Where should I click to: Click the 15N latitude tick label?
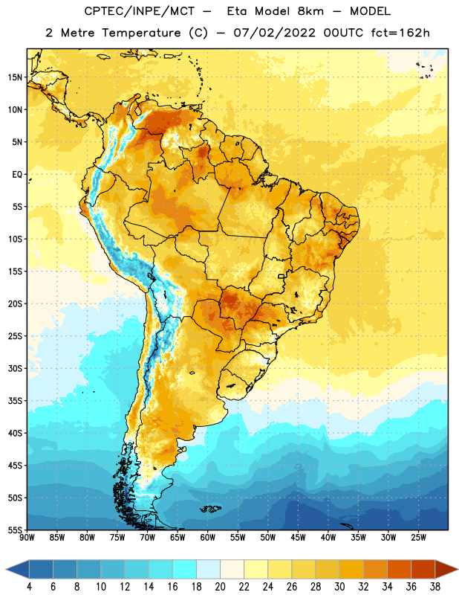click(15, 77)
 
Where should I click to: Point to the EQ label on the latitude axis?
click(17, 175)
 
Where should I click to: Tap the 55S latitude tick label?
click(15, 530)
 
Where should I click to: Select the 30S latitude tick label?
click(15, 368)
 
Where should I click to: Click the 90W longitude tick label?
click(27, 538)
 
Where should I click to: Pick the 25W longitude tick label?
click(418, 538)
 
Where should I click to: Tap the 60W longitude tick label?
click(208, 538)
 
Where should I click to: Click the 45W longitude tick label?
click(298, 538)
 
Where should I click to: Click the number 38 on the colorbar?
click(435, 587)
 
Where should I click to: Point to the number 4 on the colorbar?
click(29, 587)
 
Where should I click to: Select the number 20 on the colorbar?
click(220, 587)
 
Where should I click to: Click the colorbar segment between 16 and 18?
click(185, 569)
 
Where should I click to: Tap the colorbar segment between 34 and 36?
click(400, 569)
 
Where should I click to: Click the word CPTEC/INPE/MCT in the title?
click(139, 11)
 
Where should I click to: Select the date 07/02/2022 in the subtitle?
click(274, 33)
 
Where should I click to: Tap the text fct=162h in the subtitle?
click(400, 33)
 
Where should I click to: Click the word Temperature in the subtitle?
click(141, 33)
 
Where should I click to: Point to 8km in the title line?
click(310, 11)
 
